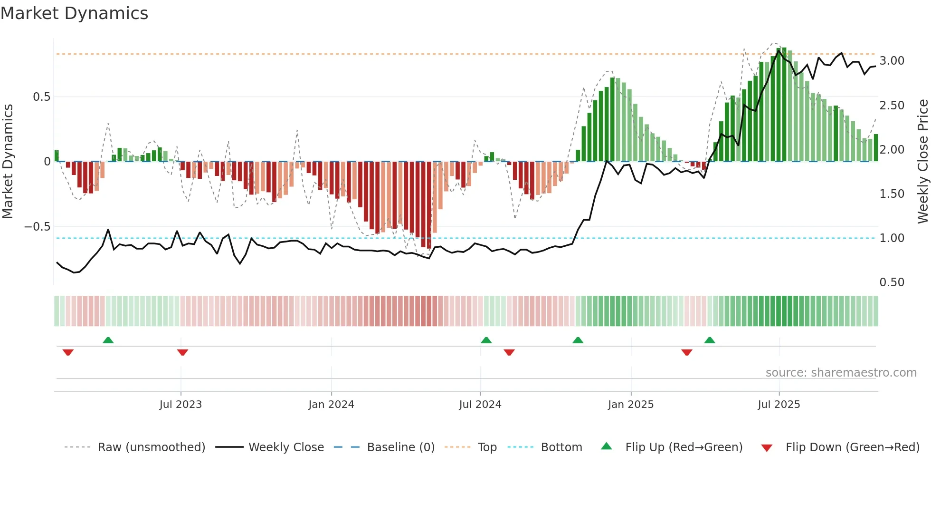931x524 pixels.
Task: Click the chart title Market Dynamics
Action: pos(74,13)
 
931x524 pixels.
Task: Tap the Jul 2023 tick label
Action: pos(180,405)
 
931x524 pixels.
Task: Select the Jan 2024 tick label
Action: pos(331,405)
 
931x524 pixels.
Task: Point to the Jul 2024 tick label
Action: pos(480,405)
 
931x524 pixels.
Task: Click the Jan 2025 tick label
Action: pos(631,405)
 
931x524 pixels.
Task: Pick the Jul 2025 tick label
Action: pos(779,405)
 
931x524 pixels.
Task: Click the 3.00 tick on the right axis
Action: pos(892,61)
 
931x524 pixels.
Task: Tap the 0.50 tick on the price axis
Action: pos(892,282)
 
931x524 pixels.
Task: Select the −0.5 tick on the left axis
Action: pos(37,227)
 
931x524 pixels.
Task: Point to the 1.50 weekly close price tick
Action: pos(892,194)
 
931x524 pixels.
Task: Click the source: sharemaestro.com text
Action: pos(841,373)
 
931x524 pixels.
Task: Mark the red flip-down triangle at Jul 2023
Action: pos(182,352)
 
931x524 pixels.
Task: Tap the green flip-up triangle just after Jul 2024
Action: pos(486,340)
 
